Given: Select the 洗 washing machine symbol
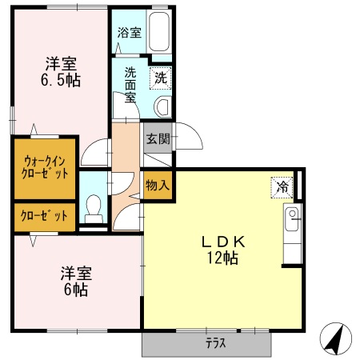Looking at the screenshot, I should click(x=161, y=78).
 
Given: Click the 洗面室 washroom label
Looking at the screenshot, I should click(x=129, y=84).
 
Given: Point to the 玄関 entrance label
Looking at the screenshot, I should click(x=157, y=138).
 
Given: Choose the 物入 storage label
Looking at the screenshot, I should click(x=157, y=185).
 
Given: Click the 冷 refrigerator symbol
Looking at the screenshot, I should click(x=282, y=186).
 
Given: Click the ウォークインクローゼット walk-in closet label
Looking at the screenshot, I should click(x=45, y=166).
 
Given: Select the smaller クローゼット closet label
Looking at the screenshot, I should click(x=45, y=215).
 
